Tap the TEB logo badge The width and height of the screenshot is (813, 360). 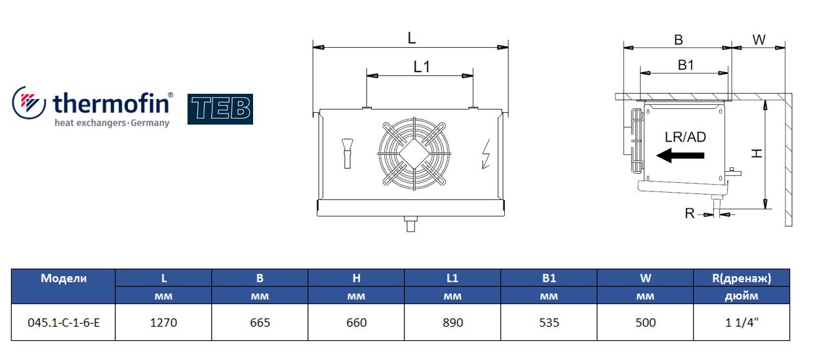(220, 109)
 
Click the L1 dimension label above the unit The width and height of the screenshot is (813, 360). (422, 67)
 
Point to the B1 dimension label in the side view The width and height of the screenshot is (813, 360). (686, 65)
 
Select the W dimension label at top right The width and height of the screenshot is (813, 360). (759, 39)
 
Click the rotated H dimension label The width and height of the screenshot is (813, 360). (757, 153)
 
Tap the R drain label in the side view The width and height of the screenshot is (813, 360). (690, 213)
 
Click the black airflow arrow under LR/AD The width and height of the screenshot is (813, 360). (680, 155)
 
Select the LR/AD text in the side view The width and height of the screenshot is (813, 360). (685, 137)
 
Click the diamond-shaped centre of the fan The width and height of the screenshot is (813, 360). (414, 153)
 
